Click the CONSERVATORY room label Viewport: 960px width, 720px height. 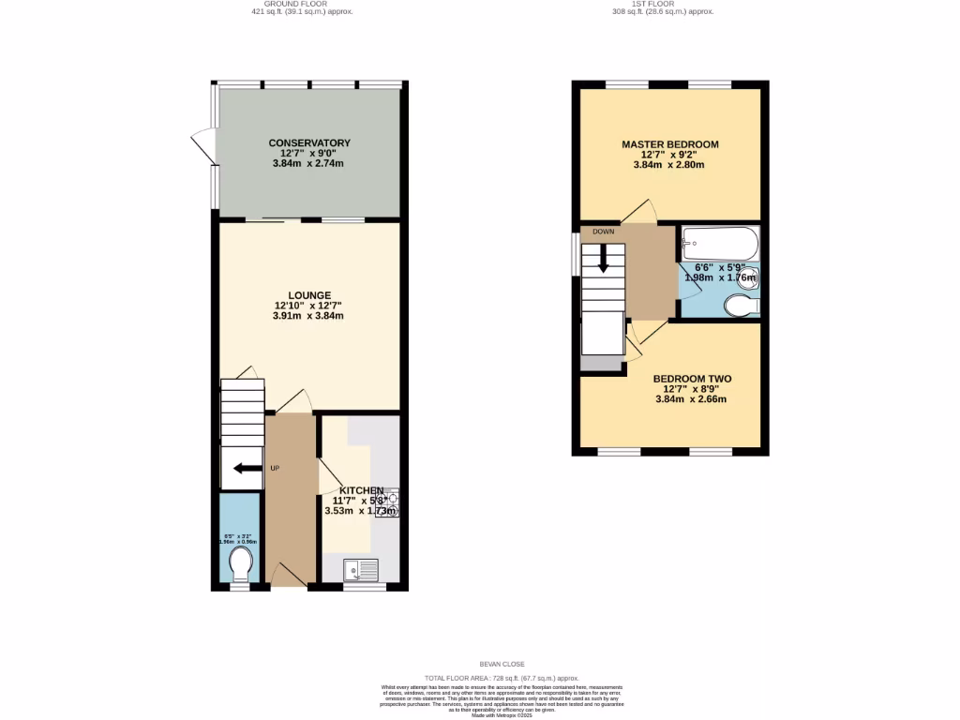(308, 142)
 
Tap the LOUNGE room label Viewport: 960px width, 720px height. (308, 295)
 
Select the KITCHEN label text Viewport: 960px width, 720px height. (361, 491)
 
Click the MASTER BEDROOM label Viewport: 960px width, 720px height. (670, 144)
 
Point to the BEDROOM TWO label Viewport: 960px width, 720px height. (692, 379)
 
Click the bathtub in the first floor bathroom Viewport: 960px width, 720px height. (719, 244)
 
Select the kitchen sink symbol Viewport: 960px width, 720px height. (360, 568)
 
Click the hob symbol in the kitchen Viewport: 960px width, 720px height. (389, 503)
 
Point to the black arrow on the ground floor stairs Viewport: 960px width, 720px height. (247, 469)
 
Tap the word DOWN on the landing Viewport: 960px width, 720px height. (603, 231)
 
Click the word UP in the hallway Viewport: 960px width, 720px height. (275, 468)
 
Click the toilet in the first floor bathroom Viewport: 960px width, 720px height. (743, 306)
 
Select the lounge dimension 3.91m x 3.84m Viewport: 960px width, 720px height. (308, 316)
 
